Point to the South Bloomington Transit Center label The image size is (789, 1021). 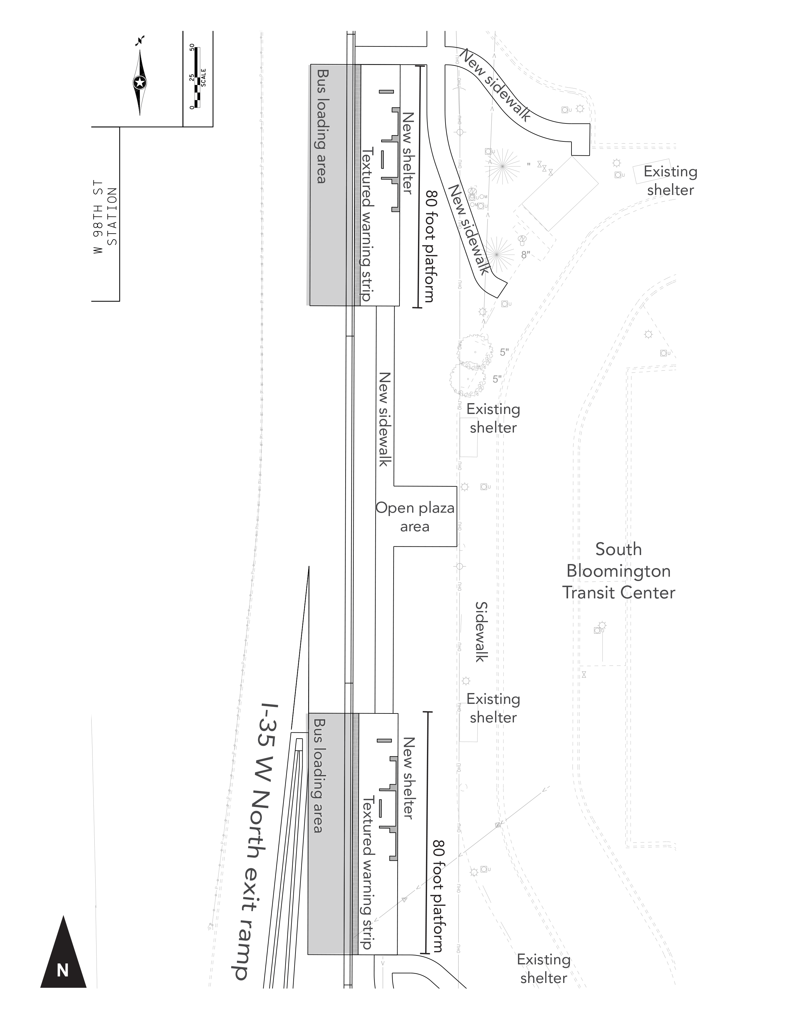coord(619,571)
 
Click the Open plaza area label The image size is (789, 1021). coord(415,517)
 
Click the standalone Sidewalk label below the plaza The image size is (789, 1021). coord(481,631)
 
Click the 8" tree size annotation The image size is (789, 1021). coord(526,255)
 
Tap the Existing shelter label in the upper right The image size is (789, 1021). coord(670,180)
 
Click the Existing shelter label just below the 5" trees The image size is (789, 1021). coord(493,418)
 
